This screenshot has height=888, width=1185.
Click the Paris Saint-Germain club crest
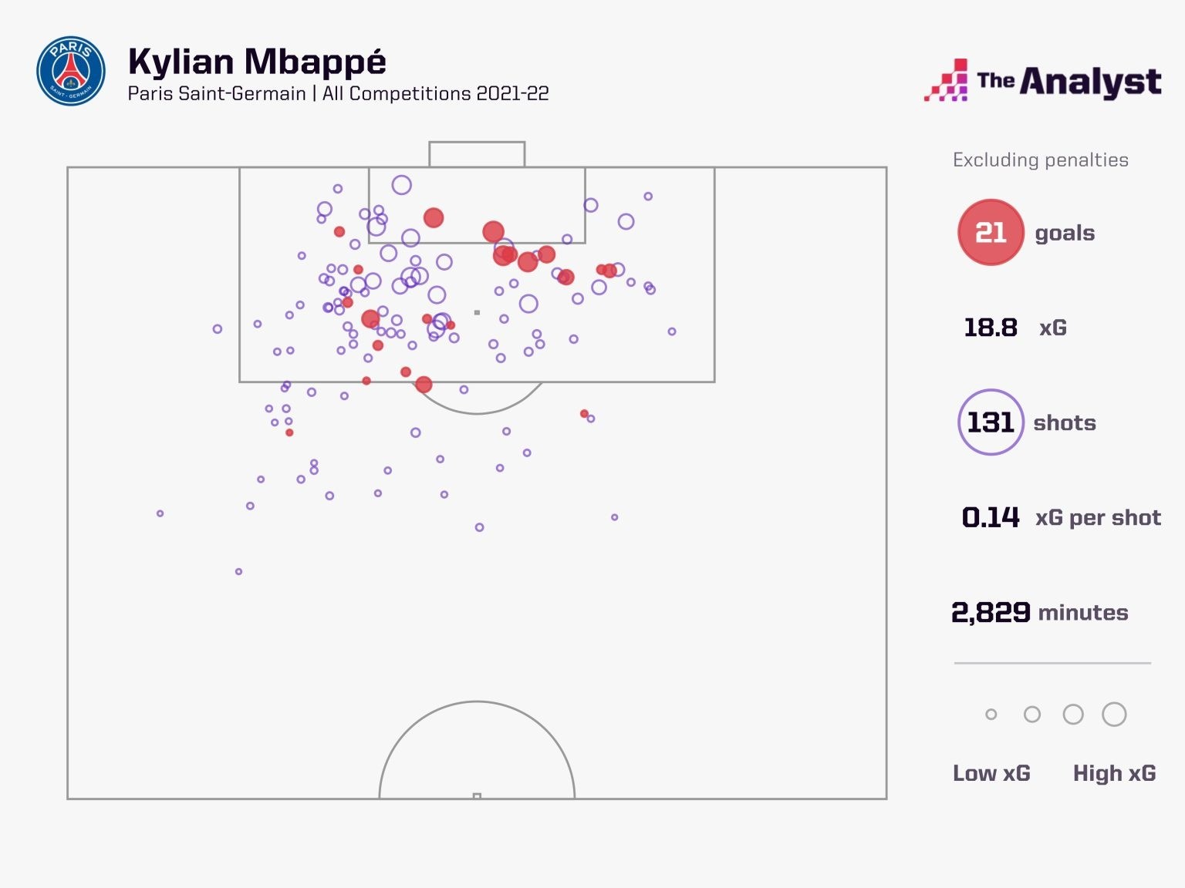71,71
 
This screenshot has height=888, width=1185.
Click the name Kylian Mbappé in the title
257,62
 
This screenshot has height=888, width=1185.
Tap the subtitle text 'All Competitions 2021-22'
435,94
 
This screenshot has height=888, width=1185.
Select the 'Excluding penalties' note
1040,160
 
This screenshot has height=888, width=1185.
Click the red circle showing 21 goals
991,232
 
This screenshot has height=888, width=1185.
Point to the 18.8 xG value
991,328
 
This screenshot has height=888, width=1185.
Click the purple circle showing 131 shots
991,422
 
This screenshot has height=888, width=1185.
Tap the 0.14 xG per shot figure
991,517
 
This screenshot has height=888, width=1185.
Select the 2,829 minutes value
991,613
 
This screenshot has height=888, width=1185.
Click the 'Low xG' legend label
991,773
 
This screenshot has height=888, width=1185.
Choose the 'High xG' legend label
1114,773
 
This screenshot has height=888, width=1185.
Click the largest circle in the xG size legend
1114,715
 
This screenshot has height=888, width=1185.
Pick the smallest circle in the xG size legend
991,715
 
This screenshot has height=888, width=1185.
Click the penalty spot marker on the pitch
477,312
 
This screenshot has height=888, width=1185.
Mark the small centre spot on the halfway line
477,796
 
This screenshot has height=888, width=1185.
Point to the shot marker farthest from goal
238,571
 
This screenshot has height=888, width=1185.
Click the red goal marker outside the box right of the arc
584,414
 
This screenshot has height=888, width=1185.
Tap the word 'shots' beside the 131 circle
1064,422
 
